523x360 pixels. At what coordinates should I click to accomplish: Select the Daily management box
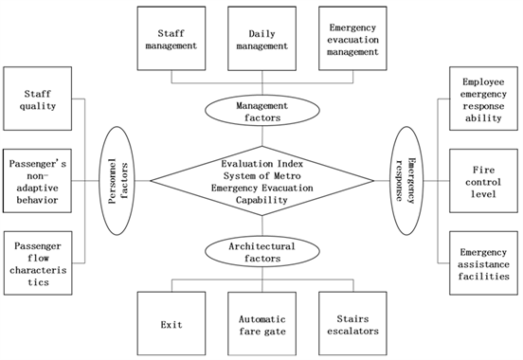click(261, 38)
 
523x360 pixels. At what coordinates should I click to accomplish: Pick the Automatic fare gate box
click(261, 323)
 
